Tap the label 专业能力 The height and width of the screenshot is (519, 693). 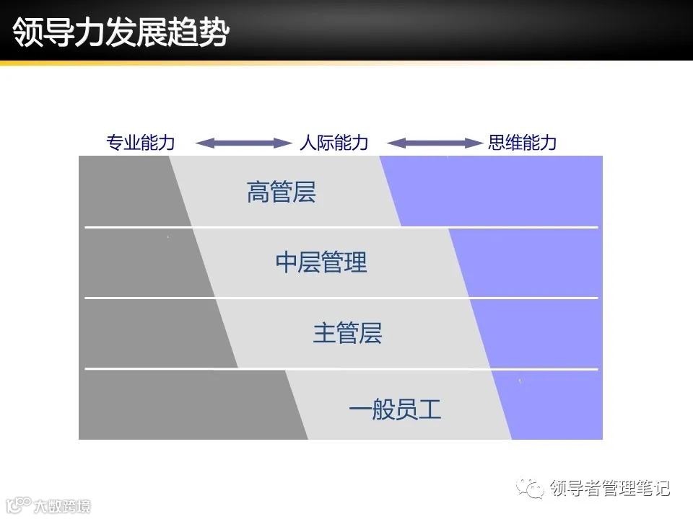pos(141,143)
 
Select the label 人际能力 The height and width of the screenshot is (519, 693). pos(334,143)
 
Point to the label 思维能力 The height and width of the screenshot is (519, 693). pos(522,143)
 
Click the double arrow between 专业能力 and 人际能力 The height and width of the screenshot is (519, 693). pos(242,143)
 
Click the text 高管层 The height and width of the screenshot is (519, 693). pos(282,193)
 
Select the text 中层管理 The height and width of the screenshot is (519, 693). pos(321,262)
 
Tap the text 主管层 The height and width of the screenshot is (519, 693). pos(347,333)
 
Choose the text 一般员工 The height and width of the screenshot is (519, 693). pos(394,410)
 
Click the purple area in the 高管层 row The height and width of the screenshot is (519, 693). pos(498,191)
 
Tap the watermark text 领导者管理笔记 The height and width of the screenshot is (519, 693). pos(609,489)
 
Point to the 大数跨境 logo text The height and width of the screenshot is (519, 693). pos(61,506)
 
